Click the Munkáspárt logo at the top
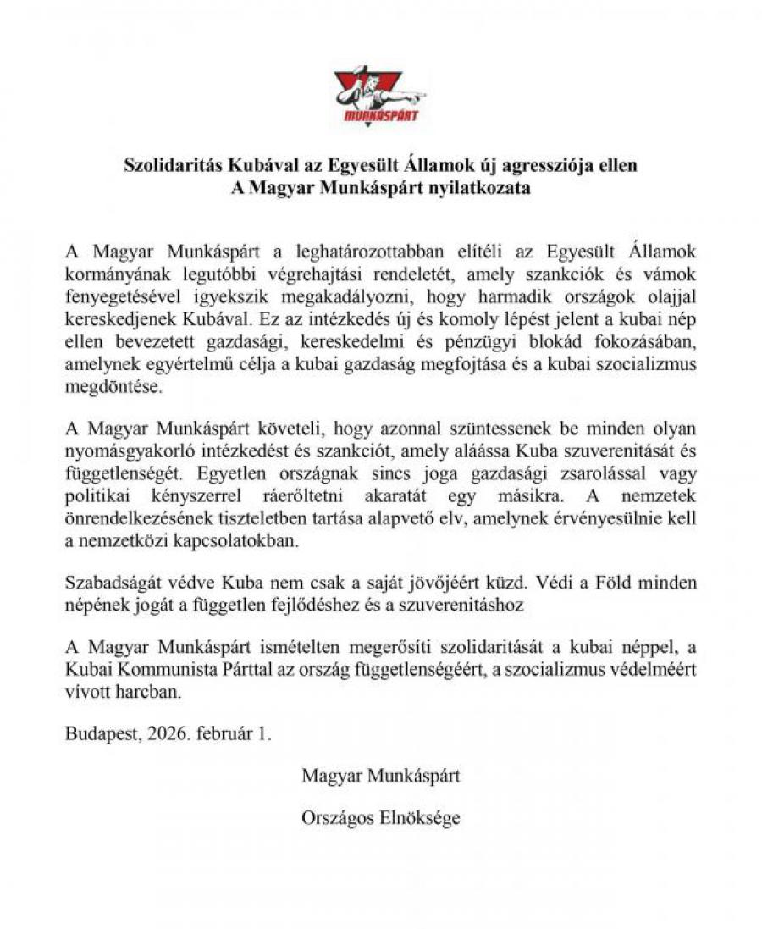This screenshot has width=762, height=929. tap(380, 96)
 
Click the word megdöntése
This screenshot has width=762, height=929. tap(104, 384)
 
